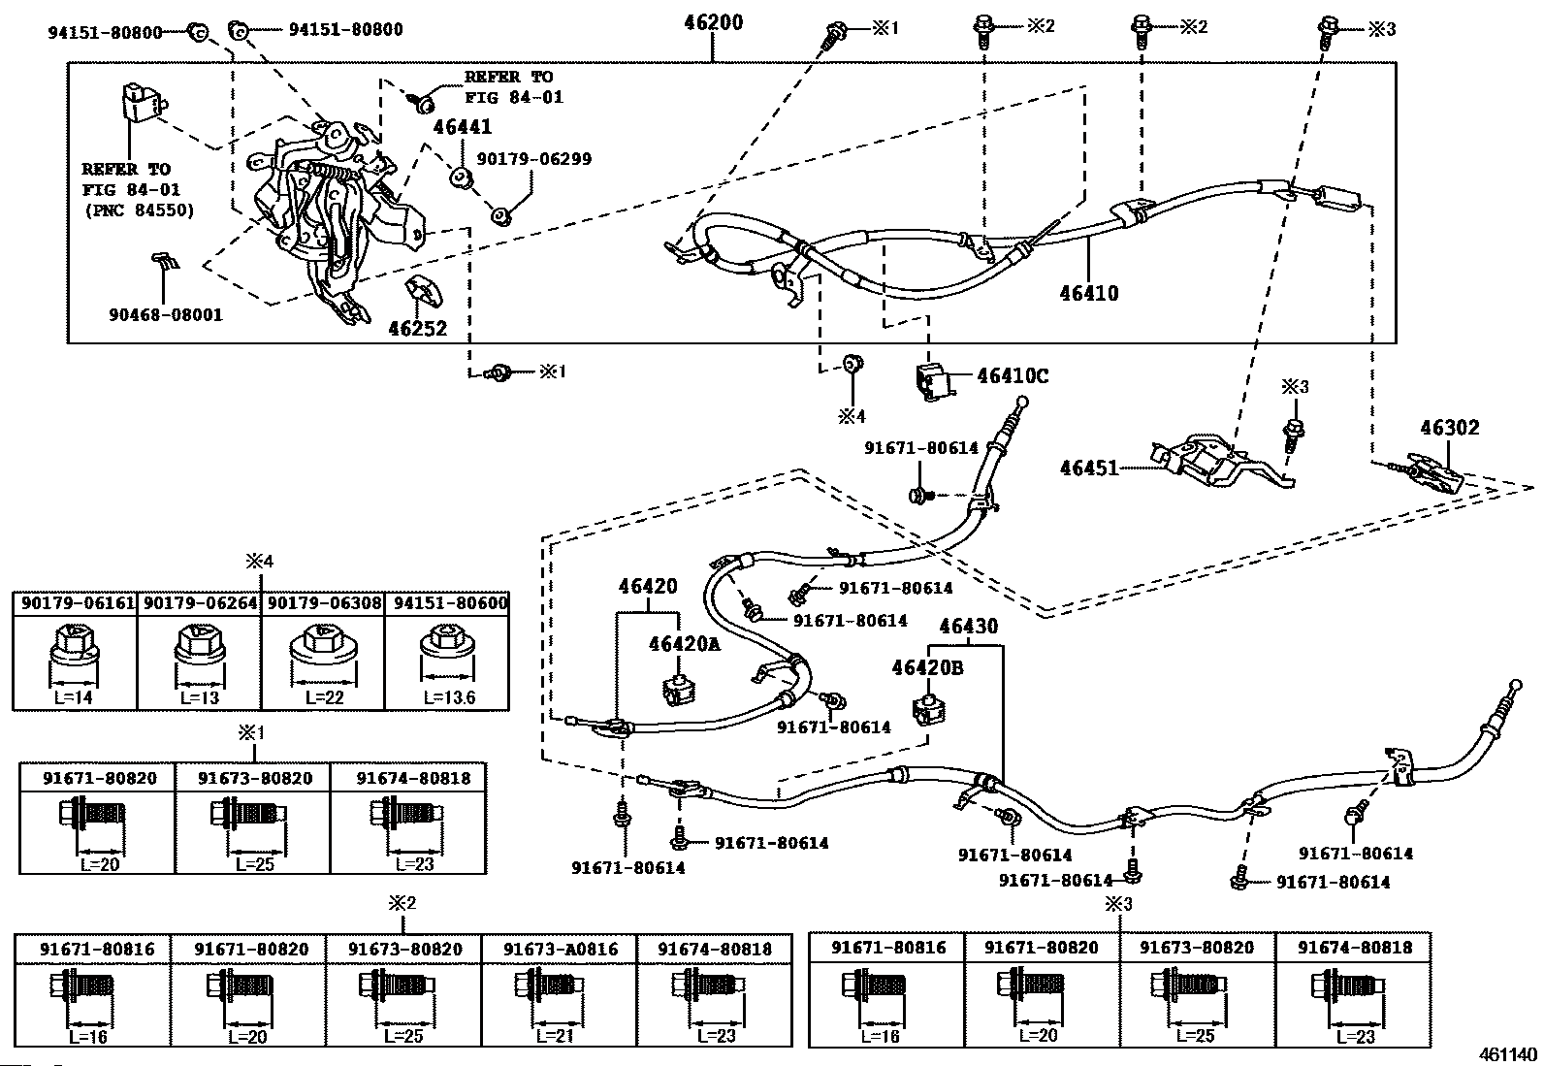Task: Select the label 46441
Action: click(462, 127)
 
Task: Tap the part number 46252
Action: click(417, 329)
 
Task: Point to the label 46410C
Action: click(1013, 376)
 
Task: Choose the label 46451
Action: click(1090, 468)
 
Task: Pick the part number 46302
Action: click(1450, 427)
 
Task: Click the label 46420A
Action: click(686, 644)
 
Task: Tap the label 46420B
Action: click(928, 667)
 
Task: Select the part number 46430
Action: click(968, 628)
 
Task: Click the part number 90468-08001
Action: click(166, 315)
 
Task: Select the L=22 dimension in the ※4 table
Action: click(322, 697)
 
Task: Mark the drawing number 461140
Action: click(1507, 1052)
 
